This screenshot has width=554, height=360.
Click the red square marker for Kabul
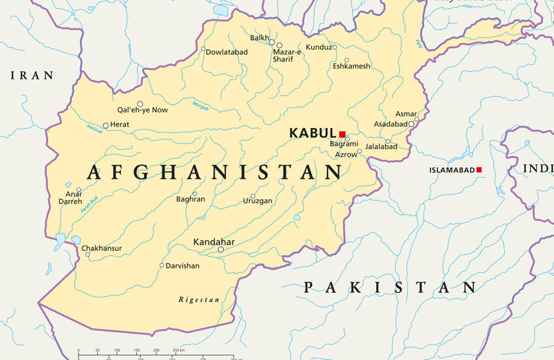tap(342, 134)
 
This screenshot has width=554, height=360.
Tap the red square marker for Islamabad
tap(479, 170)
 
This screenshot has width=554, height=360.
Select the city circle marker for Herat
tap(106, 125)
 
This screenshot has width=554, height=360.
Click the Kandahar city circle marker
tap(220, 250)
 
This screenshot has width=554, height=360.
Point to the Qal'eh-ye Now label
tap(142, 110)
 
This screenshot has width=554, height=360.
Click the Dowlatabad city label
tap(227, 52)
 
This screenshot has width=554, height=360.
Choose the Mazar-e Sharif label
tap(286, 55)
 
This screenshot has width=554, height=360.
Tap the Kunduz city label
tap(318, 48)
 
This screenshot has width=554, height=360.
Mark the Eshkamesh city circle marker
tap(347, 60)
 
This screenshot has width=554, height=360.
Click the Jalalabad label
tap(381, 147)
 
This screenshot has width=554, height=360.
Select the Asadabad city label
tap(391, 124)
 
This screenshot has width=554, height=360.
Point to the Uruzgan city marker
tap(253, 196)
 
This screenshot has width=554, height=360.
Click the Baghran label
tap(191, 199)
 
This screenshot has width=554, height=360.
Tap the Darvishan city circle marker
tap(162, 265)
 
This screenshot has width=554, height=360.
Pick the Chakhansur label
tap(101, 249)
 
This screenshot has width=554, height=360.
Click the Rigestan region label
tap(199, 300)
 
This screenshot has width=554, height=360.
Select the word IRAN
tap(32, 75)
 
